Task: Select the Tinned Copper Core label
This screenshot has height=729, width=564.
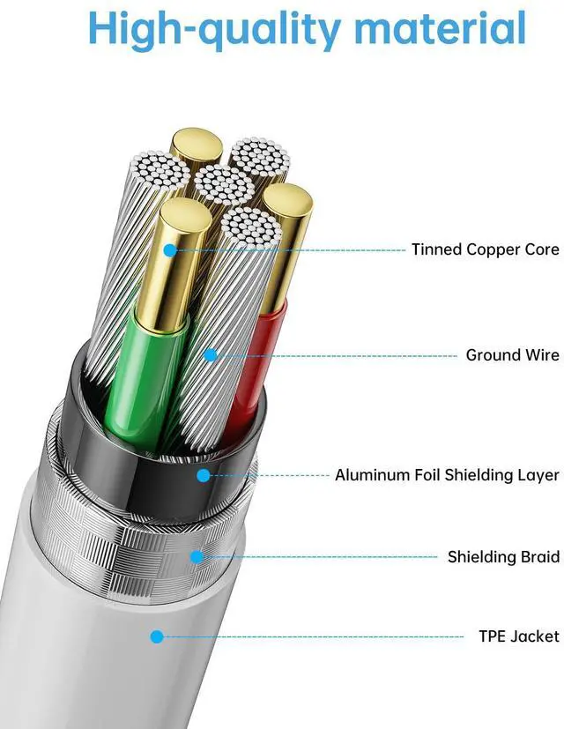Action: coord(485,249)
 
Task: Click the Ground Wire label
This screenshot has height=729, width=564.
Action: coord(512,355)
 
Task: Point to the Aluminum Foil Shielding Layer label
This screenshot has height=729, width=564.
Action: coord(447,475)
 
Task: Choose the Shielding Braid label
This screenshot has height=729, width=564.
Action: coord(503,557)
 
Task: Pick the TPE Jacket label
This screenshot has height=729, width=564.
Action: coord(519,636)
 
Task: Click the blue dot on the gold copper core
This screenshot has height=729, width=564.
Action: coord(170,250)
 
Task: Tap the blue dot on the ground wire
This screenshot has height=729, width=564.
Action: coord(210,355)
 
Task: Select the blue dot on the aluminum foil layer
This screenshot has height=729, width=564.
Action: coord(204,475)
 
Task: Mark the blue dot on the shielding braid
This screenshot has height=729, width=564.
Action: coord(197,557)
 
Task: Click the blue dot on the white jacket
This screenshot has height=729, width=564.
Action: coord(157,636)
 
